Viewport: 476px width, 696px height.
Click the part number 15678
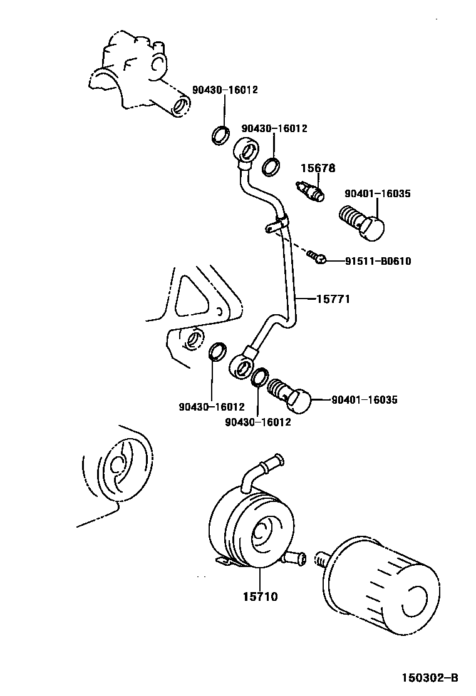click(x=318, y=168)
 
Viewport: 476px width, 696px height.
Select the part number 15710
click(x=260, y=596)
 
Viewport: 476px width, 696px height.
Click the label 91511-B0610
click(x=378, y=261)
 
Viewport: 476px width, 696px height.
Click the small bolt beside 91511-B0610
click(x=316, y=257)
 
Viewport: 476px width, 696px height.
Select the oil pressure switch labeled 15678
click(x=310, y=190)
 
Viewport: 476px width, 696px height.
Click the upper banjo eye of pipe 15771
click(x=246, y=151)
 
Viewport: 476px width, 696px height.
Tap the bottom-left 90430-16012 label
click(x=212, y=407)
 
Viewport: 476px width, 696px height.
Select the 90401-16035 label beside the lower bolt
click(x=364, y=399)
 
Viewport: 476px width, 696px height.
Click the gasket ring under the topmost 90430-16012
click(x=220, y=134)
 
